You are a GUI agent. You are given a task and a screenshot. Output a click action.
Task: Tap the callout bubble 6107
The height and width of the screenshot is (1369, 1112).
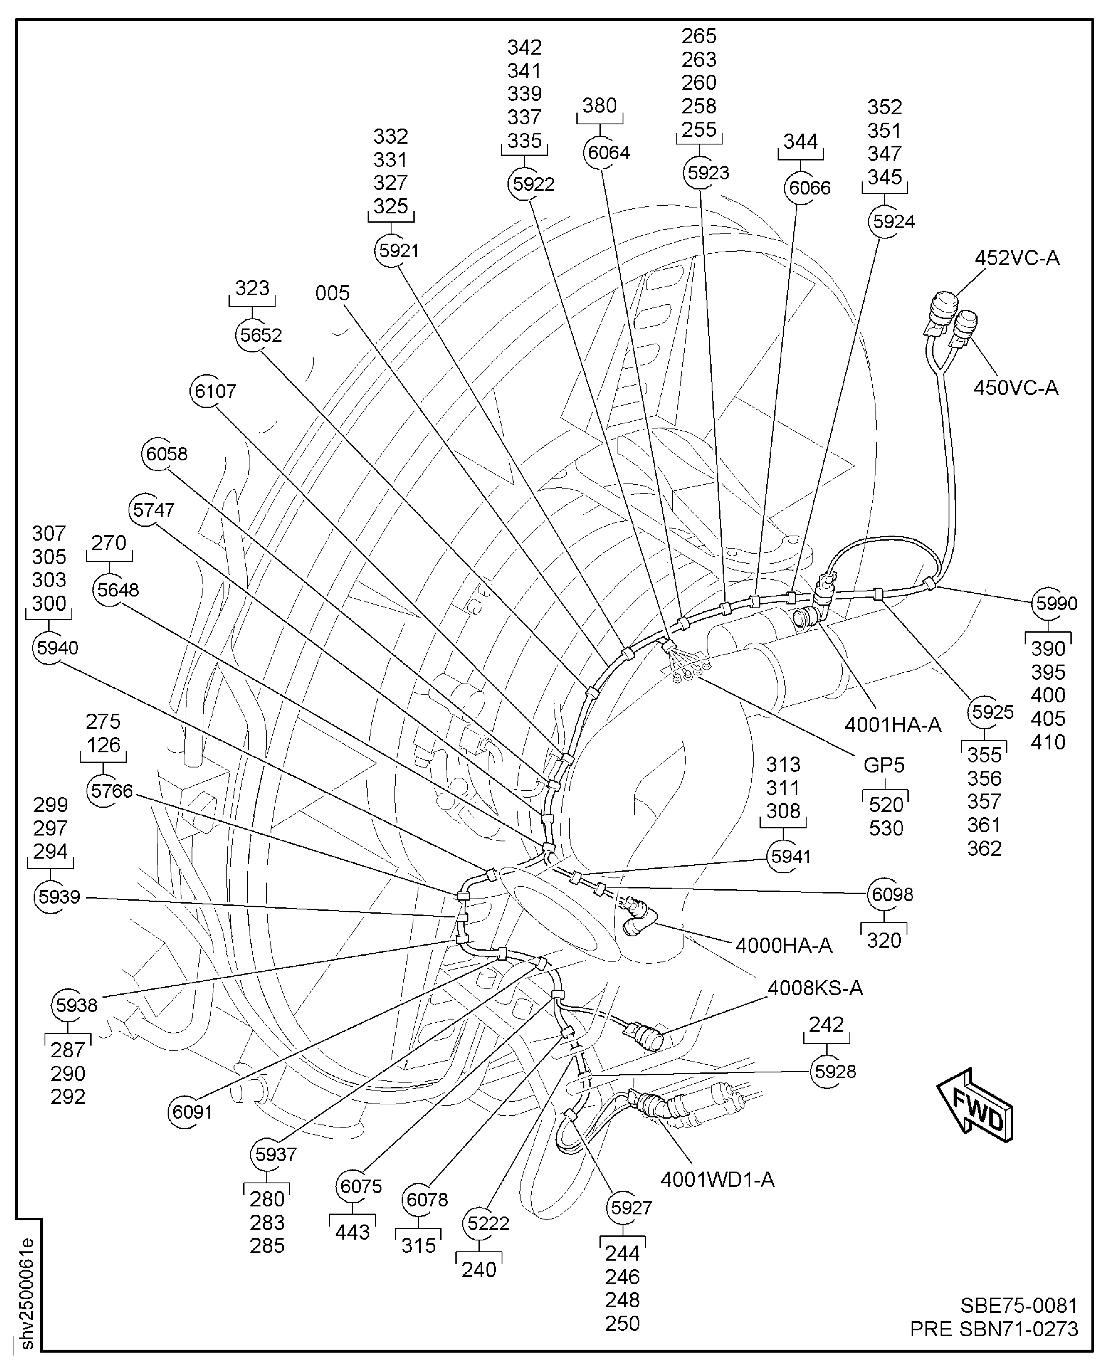pyautogui.click(x=208, y=391)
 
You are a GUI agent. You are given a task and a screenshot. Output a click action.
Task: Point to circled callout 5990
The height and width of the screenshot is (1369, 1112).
pyautogui.click(x=1049, y=603)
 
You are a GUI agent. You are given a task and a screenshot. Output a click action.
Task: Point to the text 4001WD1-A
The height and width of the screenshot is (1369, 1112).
pyautogui.click(x=718, y=1180)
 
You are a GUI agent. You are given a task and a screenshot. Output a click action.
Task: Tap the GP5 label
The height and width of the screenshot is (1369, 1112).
pyautogui.click(x=884, y=765)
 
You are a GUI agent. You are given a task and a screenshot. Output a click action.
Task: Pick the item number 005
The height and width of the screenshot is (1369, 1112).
pyautogui.click(x=332, y=293)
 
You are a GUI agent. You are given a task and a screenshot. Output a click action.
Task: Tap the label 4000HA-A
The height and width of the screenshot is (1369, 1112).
pyautogui.click(x=783, y=945)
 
